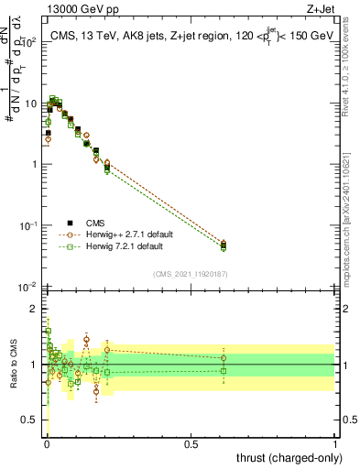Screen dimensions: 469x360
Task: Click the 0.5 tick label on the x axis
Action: [191, 443]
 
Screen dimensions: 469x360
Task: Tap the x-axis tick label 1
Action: [336, 443]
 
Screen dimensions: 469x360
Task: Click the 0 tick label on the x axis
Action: [47, 443]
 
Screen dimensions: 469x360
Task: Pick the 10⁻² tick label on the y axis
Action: [28, 287]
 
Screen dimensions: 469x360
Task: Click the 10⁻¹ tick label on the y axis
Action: [28, 225]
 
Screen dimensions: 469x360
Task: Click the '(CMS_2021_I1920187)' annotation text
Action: [191, 274]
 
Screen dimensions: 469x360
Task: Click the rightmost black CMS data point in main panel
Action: [224, 245]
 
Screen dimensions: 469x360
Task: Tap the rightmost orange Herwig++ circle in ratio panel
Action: [224, 357]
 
